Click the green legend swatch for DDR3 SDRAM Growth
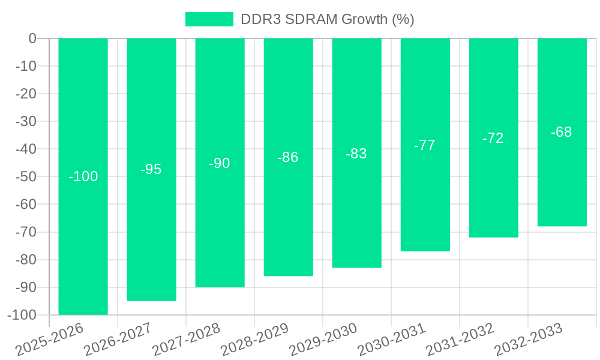click(209, 19)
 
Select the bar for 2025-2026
click(83, 120)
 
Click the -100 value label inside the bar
click(83, 176)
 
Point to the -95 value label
click(151, 169)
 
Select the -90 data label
click(220, 163)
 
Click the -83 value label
click(356, 154)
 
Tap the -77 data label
click(425, 145)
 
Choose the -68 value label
click(562, 132)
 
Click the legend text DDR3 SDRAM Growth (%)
click(327, 19)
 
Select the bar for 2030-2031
click(425, 198)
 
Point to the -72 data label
click(493, 138)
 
